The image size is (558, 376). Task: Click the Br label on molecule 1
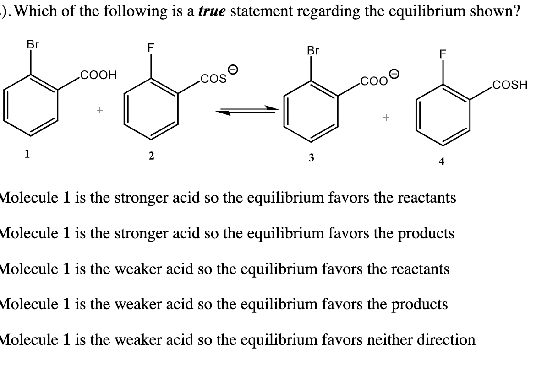33,45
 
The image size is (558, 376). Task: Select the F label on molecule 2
150,47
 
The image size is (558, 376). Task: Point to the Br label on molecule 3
313,50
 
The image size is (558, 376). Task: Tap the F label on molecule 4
443,54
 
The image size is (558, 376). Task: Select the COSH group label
509,85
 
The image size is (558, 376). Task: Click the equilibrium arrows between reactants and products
248,110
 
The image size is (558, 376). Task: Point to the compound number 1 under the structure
27,154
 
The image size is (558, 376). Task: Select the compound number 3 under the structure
311,158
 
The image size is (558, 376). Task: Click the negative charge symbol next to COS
233,70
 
